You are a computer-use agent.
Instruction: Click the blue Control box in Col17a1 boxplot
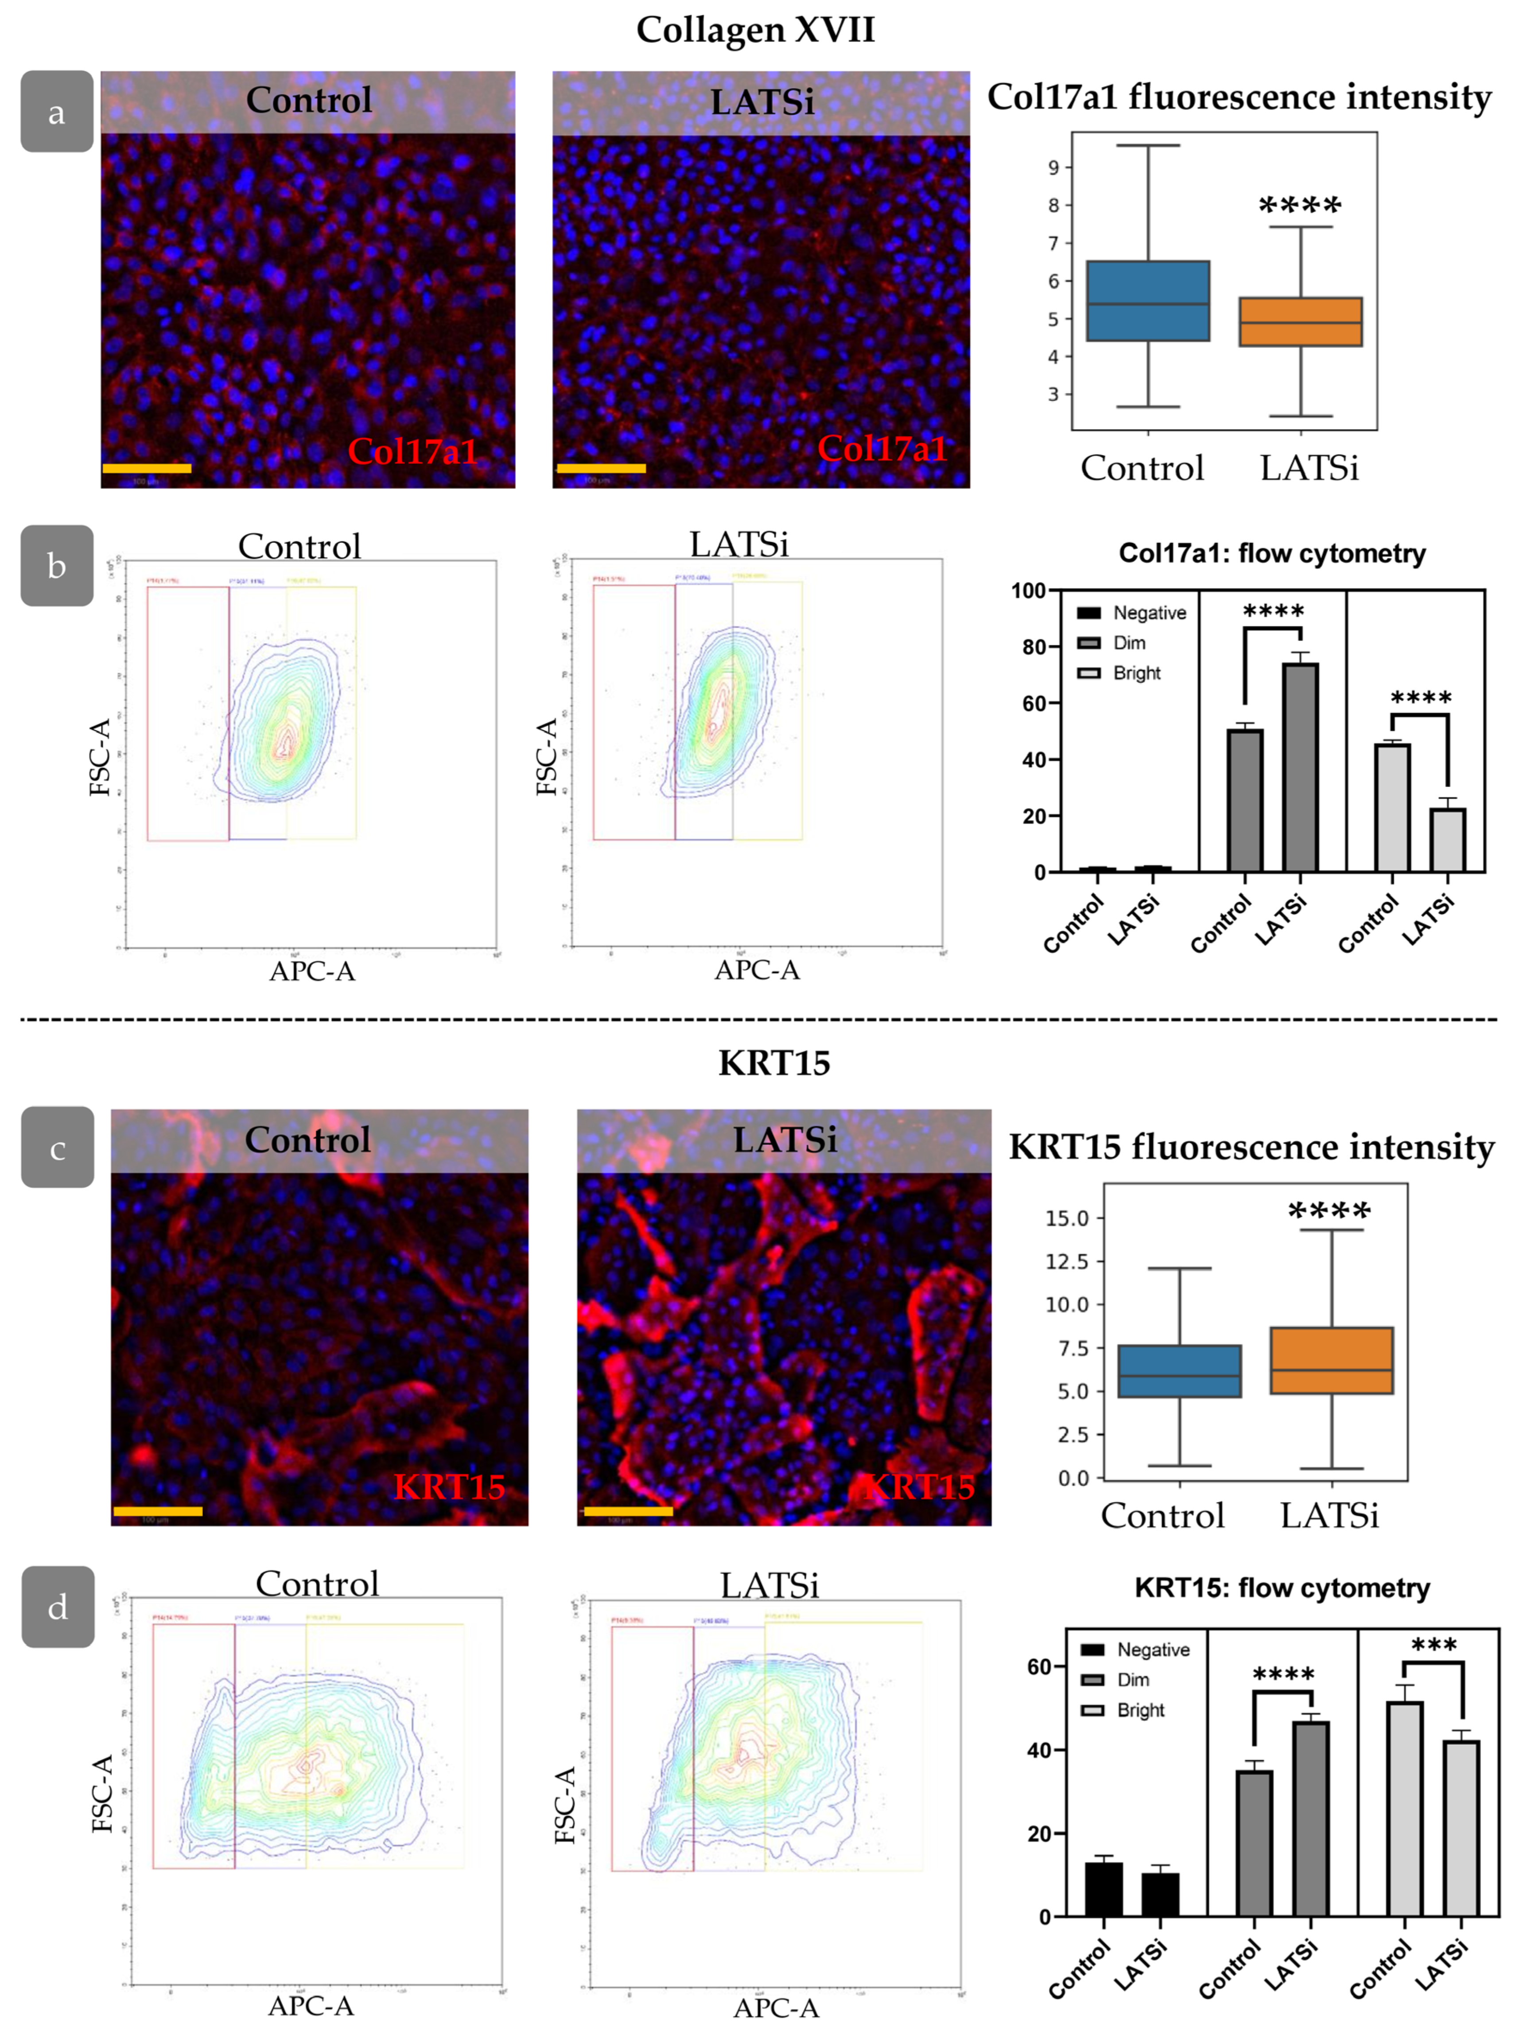tap(1147, 301)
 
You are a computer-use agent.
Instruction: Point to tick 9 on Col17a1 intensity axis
tap(1053, 167)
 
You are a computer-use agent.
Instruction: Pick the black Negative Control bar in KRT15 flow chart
tap(1103, 1889)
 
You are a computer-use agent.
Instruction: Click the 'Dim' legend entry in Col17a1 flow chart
tap(1128, 643)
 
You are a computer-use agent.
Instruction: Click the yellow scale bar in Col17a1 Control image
tap(147, 468)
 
